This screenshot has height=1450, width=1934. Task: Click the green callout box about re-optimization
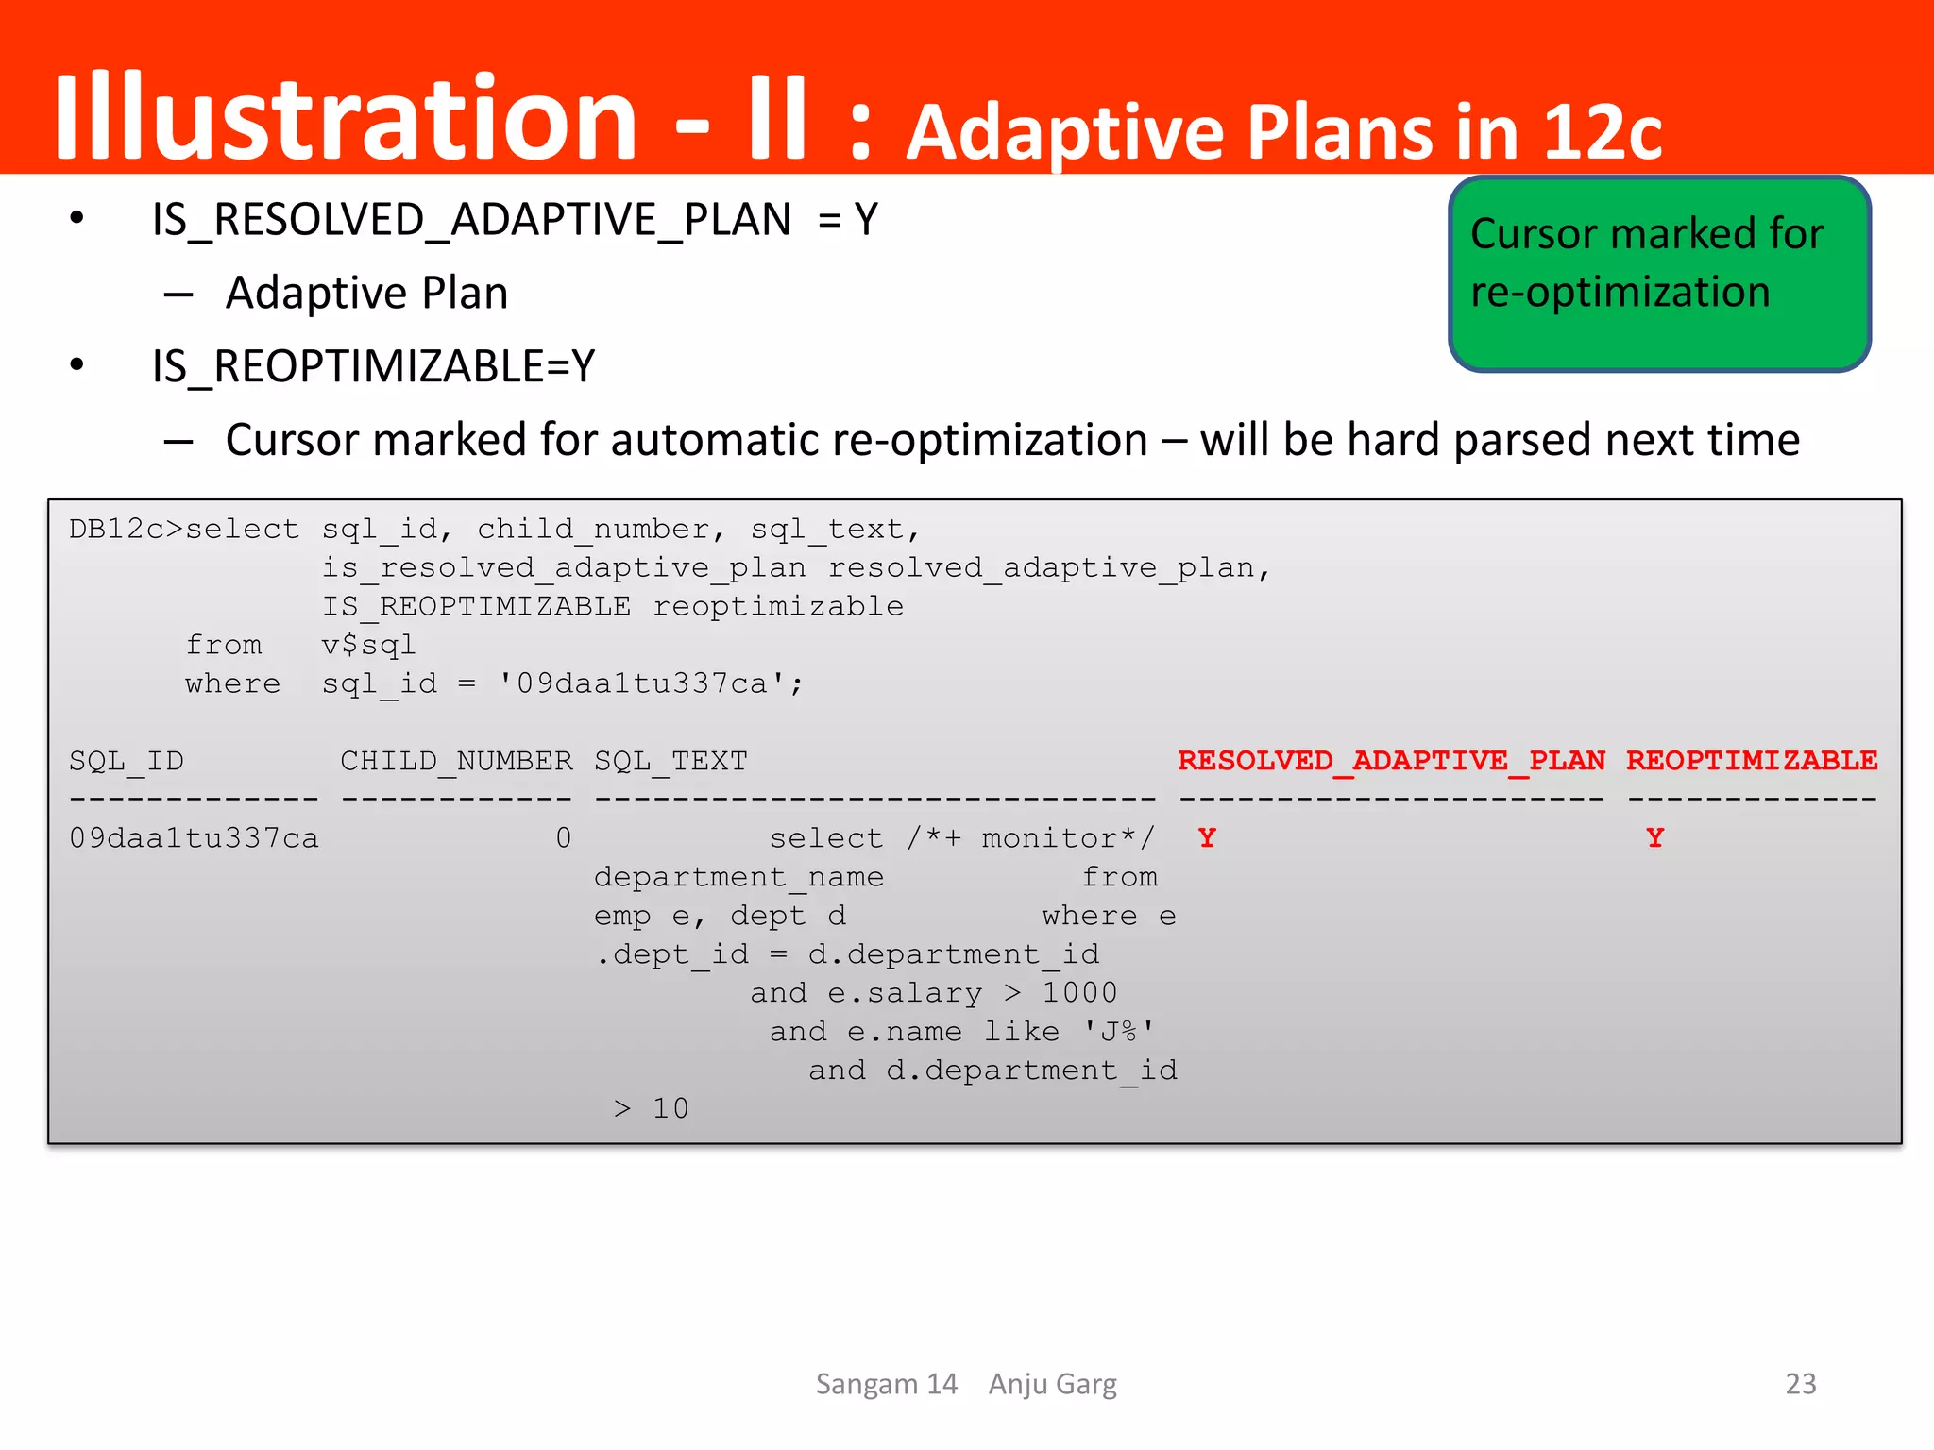click(x=1659, y=274)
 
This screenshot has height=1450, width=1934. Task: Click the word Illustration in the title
click(x=346, y=118)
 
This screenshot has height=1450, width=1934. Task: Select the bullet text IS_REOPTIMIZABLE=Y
click(x=373, y=366)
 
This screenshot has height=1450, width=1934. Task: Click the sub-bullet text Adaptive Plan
click(x=366, y=293)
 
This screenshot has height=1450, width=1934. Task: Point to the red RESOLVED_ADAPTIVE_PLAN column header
click(x=1391, y=761)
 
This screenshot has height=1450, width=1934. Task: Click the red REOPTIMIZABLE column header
click(x=1752, y=761)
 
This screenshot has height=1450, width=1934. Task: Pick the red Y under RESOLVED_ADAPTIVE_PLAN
click(x=1207, y=838)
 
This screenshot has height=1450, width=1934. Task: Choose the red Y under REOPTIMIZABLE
click(x=1654, y=838)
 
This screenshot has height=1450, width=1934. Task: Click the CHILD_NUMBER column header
click(x=456, y=762)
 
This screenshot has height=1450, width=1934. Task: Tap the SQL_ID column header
click(x=127, y=762)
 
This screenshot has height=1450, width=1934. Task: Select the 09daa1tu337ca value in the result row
click(x=194, y=838)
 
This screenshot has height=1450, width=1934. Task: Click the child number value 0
click(x=564, y=838)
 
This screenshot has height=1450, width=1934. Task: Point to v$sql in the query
click(x=368, y=646)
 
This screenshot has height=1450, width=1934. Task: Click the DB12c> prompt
click(x=126, y=530)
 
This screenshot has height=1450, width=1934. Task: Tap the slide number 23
click(x=1800, y=1384)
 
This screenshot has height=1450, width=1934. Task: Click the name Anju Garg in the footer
click(x=1052, y=1384)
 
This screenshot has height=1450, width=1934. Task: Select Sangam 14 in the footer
click(x=887, y=1384)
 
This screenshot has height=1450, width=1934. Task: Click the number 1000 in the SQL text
click(x=1079, y=993)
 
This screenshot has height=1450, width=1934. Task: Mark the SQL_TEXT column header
click(x=670, y=762)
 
